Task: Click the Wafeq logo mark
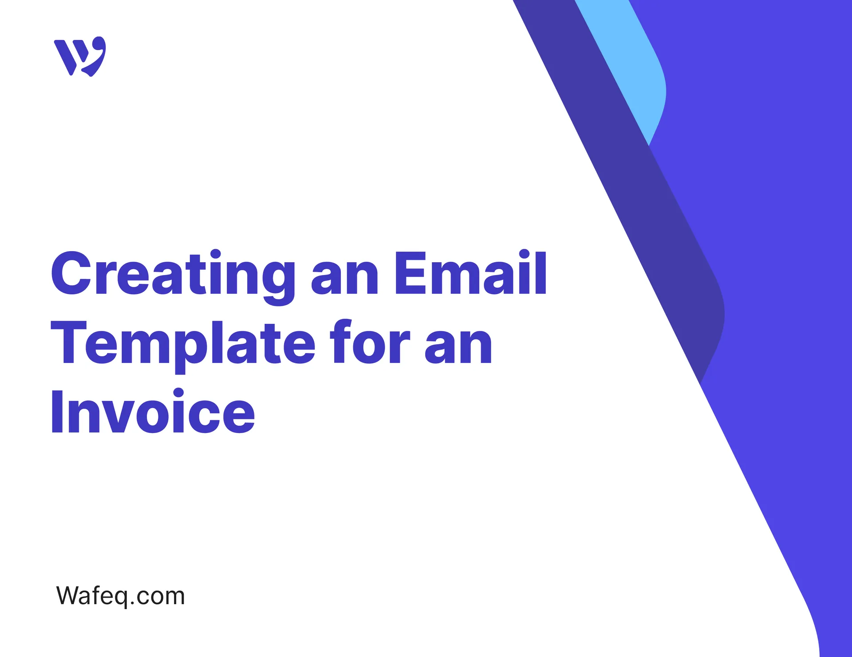click(80, 56)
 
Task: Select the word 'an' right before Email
click(345, 277)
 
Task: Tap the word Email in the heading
click(470, 273)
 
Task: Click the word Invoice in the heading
click(153, 411)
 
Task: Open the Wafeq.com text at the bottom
click(120, 596)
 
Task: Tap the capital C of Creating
click(71, 273)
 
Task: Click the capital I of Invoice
click(57, 411)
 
